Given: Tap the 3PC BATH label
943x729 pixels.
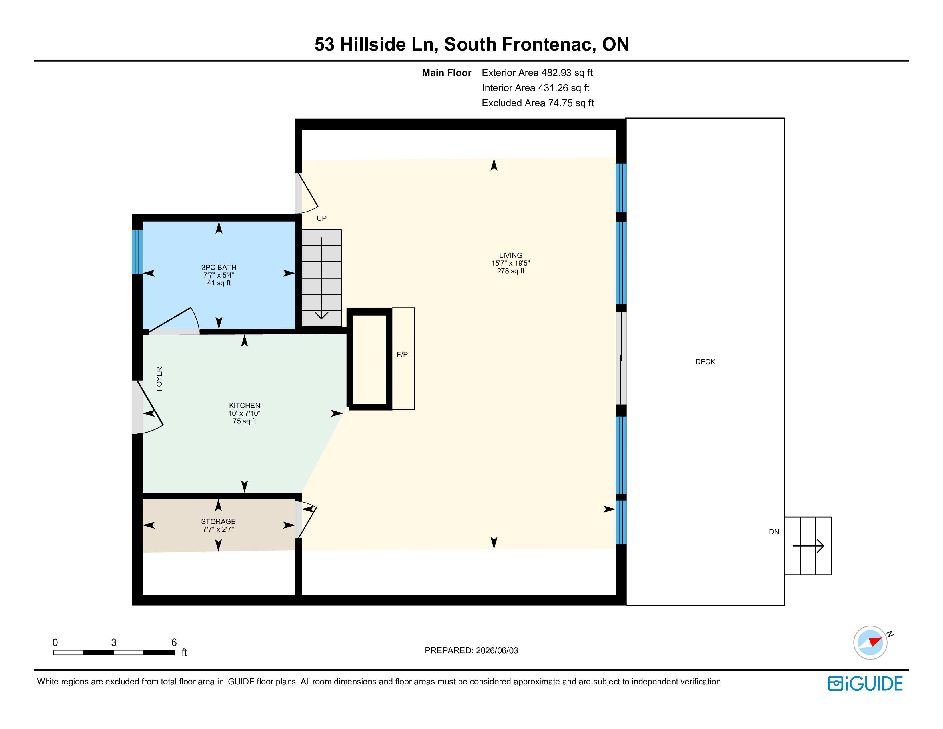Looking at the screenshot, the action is (219, 267).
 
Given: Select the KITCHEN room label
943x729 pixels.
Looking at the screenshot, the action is (244, 406).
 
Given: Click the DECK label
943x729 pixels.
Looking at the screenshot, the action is (705, 362).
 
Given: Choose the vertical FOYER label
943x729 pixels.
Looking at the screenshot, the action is (159, 379).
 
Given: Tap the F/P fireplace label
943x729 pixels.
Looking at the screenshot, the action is (402, 354).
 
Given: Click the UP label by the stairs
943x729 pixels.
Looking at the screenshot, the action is (322, 218).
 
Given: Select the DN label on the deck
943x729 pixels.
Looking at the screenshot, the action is (774, 532).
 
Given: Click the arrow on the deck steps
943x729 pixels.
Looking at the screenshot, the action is (808, 546).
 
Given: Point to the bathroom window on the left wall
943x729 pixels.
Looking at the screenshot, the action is (137, 252).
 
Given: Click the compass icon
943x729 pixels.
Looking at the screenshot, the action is (870, 642).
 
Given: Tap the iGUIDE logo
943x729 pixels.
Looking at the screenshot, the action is (865, 684).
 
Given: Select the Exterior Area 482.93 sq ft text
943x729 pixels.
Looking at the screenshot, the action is (537, 73).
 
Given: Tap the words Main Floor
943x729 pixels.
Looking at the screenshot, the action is (446, 73).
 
